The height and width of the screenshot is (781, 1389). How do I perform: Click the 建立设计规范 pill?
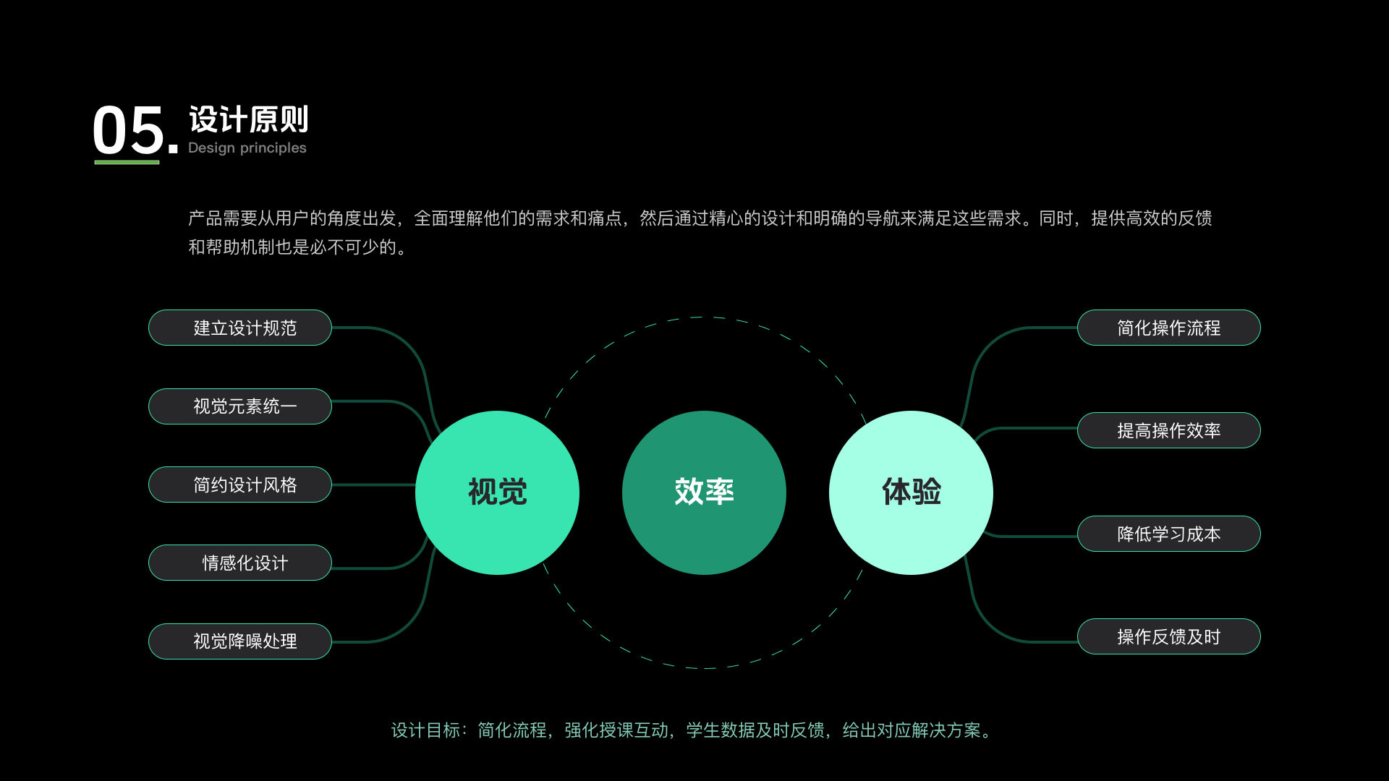point(240,328)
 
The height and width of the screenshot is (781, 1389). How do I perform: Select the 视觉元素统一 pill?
point(240,406)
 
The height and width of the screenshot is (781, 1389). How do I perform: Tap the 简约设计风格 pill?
point(240,485)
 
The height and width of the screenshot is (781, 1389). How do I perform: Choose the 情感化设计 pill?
point(240,563)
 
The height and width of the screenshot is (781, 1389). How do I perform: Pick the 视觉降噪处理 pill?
point(240,641)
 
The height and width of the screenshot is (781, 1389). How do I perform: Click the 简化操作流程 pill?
point(1168,328)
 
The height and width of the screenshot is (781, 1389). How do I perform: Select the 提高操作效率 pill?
point(1168,430)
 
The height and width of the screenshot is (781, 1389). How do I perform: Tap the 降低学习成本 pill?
point(1168,534)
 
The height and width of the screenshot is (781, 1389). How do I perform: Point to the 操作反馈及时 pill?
point(1168,636)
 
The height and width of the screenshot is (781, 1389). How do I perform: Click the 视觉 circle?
point(497,492)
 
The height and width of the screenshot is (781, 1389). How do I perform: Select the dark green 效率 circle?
point(704,492)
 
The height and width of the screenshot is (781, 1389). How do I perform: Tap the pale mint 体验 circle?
point(911,492)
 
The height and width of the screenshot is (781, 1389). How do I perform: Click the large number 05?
point(129,131)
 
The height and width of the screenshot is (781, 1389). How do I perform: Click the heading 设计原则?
point(249,119)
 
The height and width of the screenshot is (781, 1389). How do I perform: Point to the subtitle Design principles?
point(247,148)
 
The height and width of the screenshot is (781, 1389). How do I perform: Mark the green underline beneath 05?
point(127,162)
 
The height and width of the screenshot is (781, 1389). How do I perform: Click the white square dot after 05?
point(173,149)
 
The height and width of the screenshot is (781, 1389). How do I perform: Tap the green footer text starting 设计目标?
point(692,730)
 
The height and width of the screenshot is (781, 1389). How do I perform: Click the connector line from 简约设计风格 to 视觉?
point(373,485)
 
